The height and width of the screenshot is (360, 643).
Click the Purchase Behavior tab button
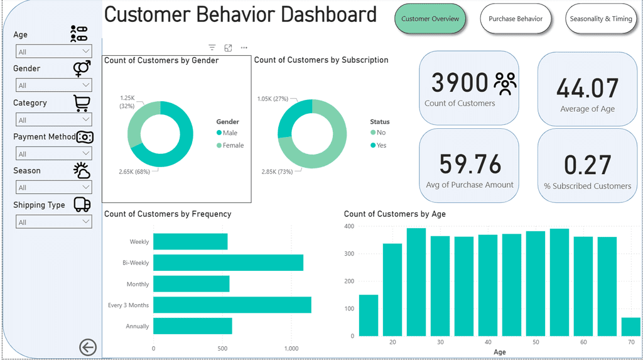pos(516,19)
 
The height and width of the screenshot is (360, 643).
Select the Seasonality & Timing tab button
pos(601,19)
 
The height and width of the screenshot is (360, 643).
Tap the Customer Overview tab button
pos(430,19)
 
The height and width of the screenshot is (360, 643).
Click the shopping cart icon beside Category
pos(82,102)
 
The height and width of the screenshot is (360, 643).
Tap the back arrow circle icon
pos(88,347)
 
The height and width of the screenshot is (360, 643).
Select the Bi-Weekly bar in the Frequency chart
pos(228,263)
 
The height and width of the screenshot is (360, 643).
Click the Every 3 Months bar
pos(232,305)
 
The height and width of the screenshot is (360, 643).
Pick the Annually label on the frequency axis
pos(138,326)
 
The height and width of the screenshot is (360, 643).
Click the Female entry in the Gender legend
pos(233,145)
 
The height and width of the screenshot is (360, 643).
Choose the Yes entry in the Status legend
pos(381,145)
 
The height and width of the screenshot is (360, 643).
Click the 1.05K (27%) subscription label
pos(273,99)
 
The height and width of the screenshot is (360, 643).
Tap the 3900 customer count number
pos(460,83)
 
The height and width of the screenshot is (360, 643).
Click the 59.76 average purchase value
pos(470,164)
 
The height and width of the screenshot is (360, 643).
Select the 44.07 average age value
pos(588,89)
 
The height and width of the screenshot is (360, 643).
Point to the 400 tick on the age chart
pos(349,226)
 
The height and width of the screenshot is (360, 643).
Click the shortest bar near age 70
pos(630,327)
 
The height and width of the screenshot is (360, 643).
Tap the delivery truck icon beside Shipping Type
pos(82,204)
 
